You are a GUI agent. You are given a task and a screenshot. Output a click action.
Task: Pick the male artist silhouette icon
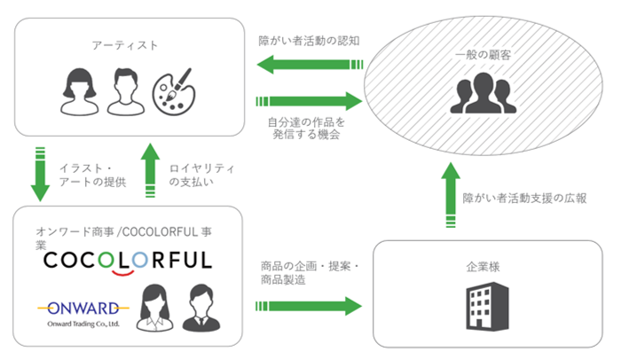click(125, 92)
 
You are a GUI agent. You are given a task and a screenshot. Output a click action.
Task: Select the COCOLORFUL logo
click(128, 262)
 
